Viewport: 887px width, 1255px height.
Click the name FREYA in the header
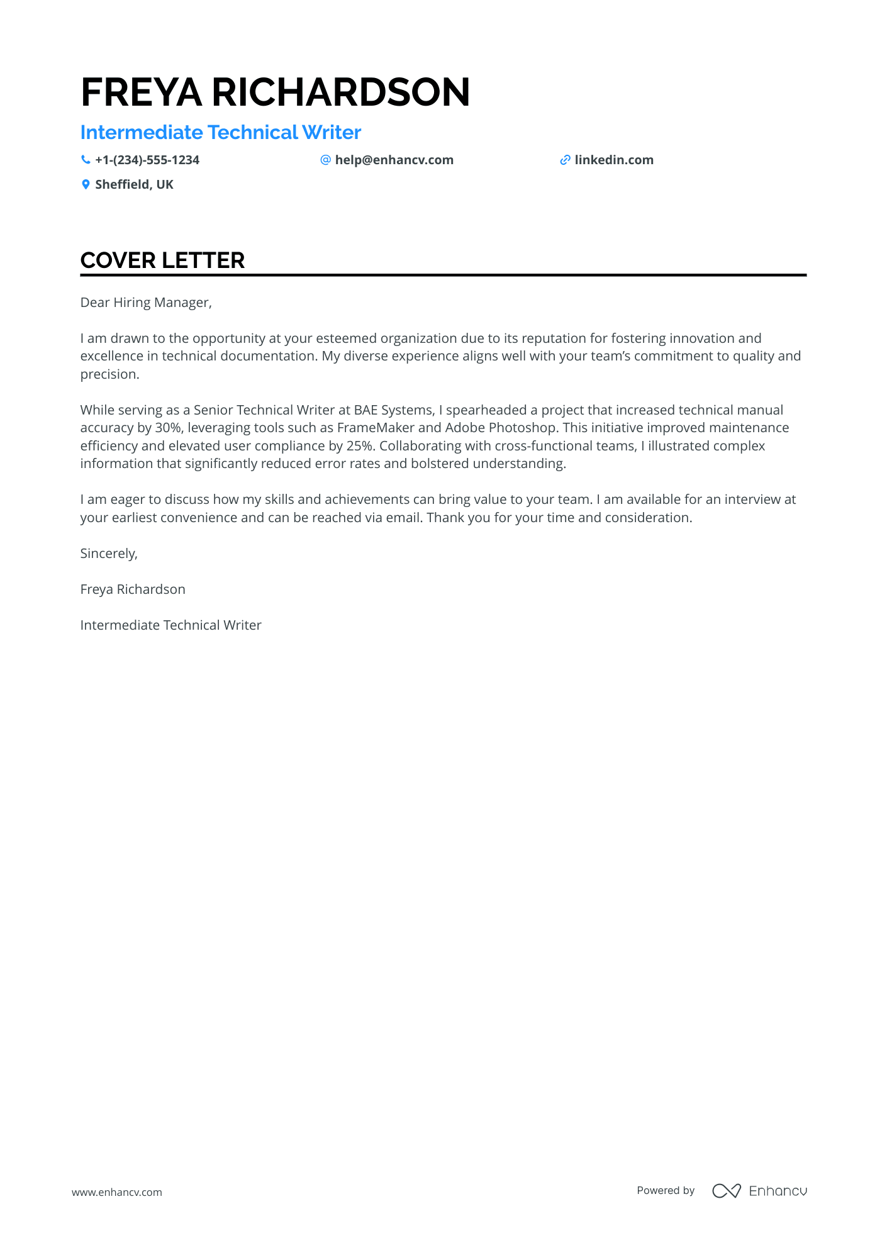142,92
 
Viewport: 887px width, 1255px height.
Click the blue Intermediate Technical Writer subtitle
220,133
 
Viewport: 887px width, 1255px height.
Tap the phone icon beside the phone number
86,160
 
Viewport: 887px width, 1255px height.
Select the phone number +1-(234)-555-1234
147,160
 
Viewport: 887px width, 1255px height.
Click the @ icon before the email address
325,160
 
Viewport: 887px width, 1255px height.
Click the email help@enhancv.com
394,160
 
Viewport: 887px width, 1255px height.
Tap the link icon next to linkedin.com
565,160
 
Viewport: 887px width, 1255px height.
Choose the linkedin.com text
614,160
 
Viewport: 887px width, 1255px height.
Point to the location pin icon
86,184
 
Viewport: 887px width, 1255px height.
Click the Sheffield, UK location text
134,185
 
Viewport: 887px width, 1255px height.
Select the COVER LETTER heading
162,260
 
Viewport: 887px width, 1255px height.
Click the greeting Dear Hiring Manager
146,303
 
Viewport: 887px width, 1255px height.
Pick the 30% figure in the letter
168,428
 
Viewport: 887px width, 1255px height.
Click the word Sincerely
108,554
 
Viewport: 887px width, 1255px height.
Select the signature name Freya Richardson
133,589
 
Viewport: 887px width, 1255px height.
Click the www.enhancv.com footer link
117,1192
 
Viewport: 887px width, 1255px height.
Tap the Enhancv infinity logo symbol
726,1191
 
